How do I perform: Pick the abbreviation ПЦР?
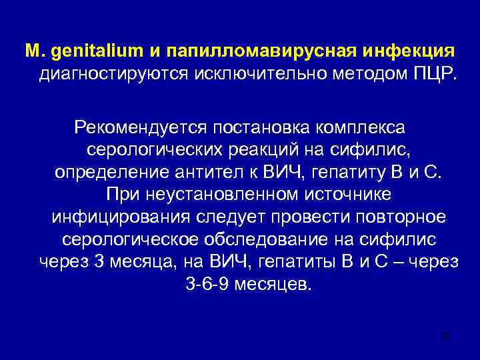pos(433,73)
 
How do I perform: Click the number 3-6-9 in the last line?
pos(204,285)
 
